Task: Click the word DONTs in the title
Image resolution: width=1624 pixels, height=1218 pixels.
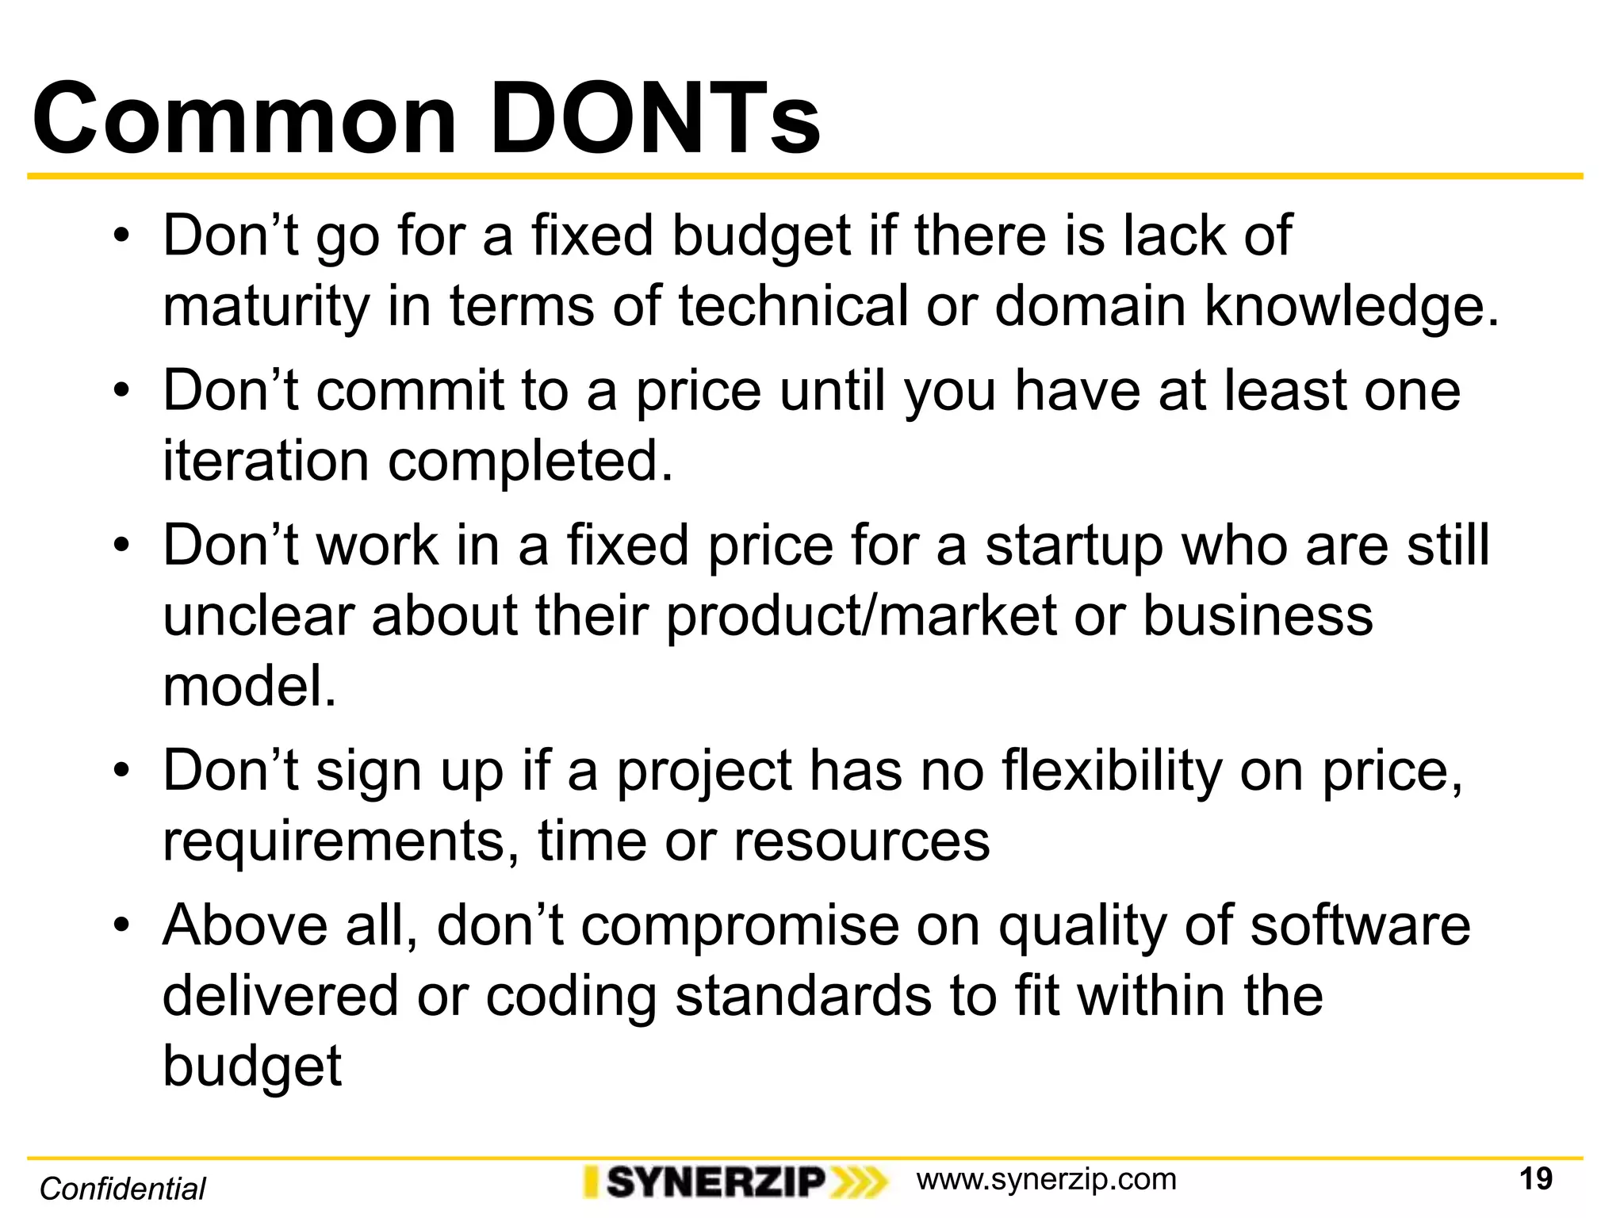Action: (655, 119)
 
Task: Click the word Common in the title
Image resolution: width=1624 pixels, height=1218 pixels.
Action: (244, 119)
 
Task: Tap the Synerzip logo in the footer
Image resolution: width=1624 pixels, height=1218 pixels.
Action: (734, 1182)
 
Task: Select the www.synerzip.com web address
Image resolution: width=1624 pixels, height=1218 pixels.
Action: (1046, 1180)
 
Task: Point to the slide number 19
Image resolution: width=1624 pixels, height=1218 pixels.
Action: (1536, 1179)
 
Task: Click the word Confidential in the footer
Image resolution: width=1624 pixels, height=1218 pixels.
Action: (122, 1189)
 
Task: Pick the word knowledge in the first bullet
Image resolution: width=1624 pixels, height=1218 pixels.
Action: (1351, 306)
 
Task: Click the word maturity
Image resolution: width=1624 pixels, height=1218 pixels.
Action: (266, 308)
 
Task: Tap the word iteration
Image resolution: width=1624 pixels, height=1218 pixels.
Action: (266, 461)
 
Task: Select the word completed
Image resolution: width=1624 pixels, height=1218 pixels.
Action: (530, 462)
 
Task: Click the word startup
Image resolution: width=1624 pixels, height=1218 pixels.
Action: (1073, 547)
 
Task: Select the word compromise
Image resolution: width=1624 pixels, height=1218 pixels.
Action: (740, 926)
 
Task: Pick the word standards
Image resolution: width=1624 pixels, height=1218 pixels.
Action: (803, 996)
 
